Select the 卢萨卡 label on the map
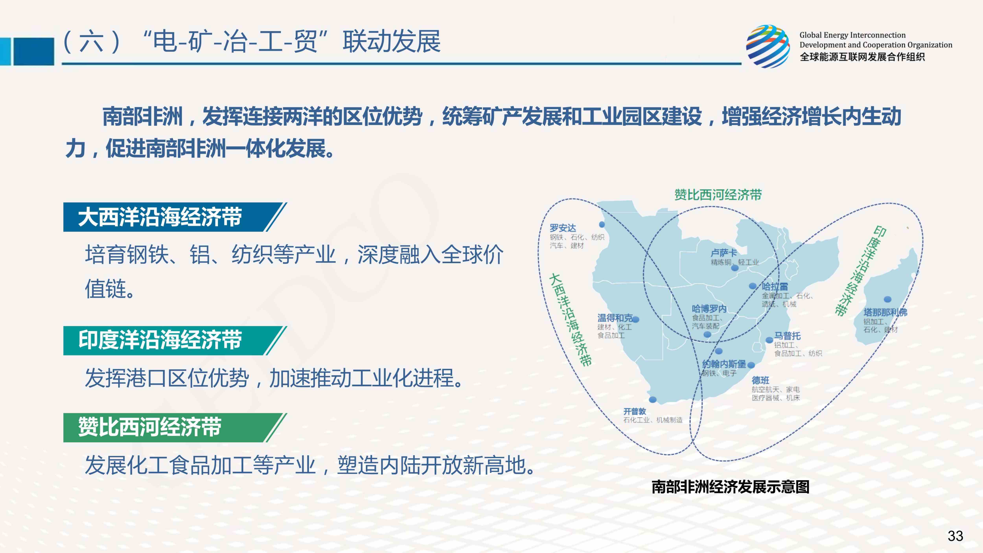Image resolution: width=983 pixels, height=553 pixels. (x=723, y=253)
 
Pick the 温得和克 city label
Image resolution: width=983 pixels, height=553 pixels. (x=615, y=318)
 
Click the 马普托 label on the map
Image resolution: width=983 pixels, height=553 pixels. (x=787, y=336)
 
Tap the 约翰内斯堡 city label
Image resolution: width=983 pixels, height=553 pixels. (x=724, y=364)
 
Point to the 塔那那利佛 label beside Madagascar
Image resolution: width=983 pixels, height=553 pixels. (x=885, y=312)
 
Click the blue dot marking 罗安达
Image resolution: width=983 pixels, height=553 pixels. (x=602, y=224)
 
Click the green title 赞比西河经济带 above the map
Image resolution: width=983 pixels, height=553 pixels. (x=718, y=195)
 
